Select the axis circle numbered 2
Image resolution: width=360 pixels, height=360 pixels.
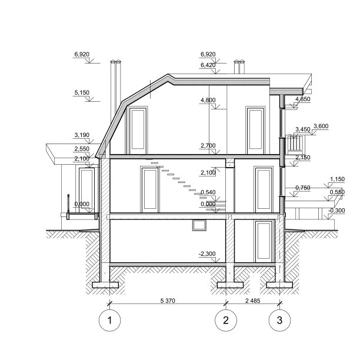225,321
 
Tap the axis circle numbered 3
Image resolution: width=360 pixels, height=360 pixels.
279,321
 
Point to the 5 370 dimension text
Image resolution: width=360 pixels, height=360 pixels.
168,300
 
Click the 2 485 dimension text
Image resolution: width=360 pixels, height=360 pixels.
252,300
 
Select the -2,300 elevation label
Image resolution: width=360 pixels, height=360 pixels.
208,253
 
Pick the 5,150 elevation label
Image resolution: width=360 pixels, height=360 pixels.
82,92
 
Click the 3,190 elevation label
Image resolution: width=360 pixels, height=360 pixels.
82,135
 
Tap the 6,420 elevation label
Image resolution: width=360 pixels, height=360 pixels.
208,65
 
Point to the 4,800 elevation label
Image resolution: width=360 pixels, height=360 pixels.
208,100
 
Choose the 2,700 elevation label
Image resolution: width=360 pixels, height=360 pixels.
208,145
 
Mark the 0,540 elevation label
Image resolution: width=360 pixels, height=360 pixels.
208,192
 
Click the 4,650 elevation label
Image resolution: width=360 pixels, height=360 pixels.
302,99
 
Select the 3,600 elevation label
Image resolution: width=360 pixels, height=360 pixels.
321,126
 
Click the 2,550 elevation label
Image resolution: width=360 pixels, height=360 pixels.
82,149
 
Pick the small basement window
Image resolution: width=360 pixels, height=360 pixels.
199,224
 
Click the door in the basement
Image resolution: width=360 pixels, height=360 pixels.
264,241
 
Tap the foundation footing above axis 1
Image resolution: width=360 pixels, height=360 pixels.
105,285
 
